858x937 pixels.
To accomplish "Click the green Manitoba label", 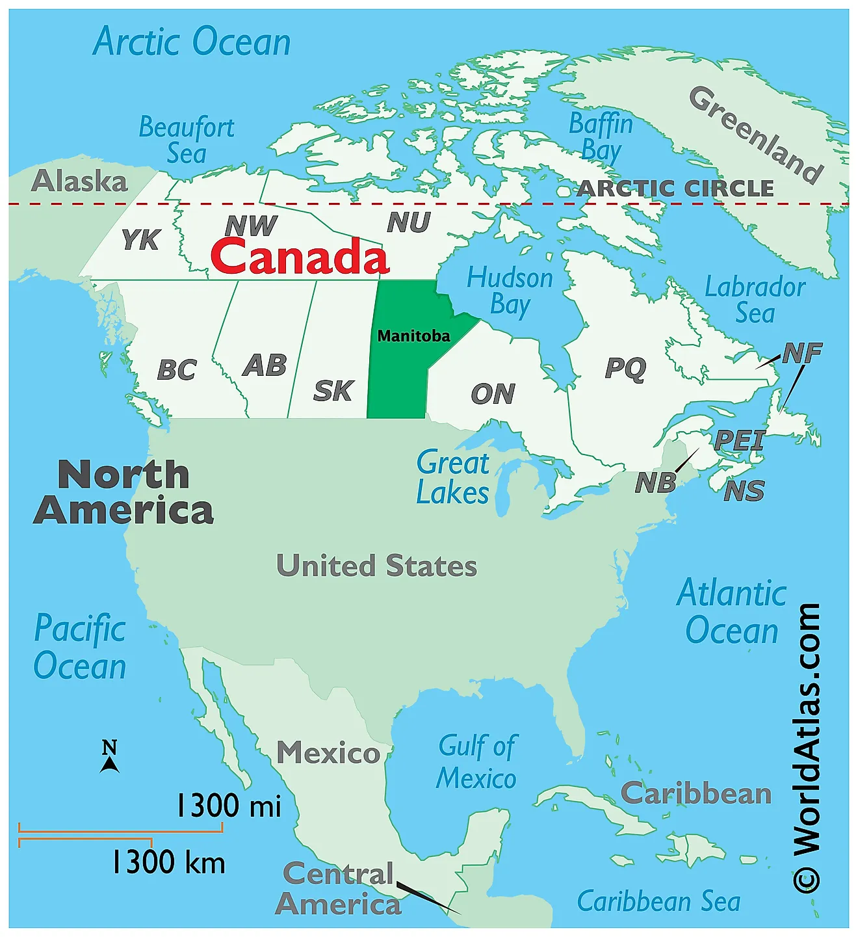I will click(413, 336).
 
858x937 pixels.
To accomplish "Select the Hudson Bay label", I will click(510, 291).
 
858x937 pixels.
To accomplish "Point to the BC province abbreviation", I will click(177, 370).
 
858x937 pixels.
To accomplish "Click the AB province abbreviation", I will click(265, 365).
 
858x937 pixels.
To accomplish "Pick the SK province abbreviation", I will click(333, 391).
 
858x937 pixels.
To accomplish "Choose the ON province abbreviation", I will click(493, 393).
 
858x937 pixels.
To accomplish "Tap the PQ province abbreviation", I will click(625, 368).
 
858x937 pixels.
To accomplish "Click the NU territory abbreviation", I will click(409, 222).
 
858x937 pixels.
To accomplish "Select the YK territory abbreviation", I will click(140, 239).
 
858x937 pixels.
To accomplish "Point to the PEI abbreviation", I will click(739, 440).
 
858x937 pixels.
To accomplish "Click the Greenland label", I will click(757, 135).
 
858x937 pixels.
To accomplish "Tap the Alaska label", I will click(79, 181).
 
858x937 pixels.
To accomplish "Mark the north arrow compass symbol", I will click(109, 756).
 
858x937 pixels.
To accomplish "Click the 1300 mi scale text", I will click(229, 806).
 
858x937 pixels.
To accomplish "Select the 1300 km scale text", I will click(168, 862).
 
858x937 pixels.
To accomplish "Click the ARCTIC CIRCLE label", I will click(675, 189).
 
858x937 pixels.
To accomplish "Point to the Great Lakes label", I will click(453, 478).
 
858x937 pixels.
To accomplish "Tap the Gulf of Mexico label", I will click(477, 762).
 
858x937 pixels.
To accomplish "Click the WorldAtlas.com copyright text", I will click(807, 748).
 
